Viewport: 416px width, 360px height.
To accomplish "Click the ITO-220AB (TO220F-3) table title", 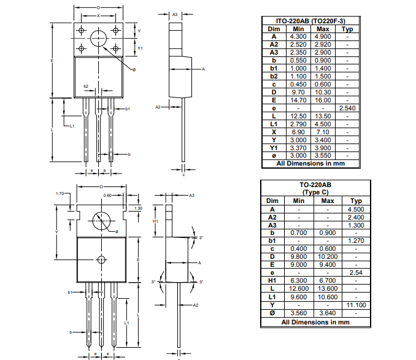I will coord(310,21).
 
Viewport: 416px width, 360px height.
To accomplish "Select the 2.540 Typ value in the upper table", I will coord(347,108).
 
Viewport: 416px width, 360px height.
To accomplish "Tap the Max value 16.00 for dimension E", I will coord(322,100).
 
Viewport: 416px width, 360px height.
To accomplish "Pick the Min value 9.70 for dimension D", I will coord(299,92).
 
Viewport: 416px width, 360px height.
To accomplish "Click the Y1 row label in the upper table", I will coord(274,148).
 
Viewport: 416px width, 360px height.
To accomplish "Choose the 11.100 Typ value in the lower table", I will coord(356,305).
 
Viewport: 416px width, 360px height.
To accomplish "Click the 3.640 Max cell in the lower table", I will coord(328,313).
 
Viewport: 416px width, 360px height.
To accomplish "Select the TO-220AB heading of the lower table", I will coord(315,184).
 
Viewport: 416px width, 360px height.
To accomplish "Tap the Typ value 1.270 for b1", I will coord(356,241).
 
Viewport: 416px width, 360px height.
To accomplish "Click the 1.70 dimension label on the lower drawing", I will coord(60,194).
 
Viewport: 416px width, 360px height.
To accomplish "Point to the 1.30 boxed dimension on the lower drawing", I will coord(138,209).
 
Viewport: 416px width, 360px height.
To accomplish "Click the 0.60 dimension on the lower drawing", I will coord(107,195).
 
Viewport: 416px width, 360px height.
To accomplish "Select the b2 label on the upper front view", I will coord(86,86).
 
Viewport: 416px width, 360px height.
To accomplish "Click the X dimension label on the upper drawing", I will coord(98,15).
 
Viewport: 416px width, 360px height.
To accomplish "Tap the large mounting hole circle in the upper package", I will coord(99,39).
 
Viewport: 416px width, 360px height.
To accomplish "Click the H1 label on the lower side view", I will coord(155,221).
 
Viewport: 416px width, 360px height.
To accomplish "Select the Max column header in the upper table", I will coord(322,29).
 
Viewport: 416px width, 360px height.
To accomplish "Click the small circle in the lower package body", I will coord(102,259).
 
